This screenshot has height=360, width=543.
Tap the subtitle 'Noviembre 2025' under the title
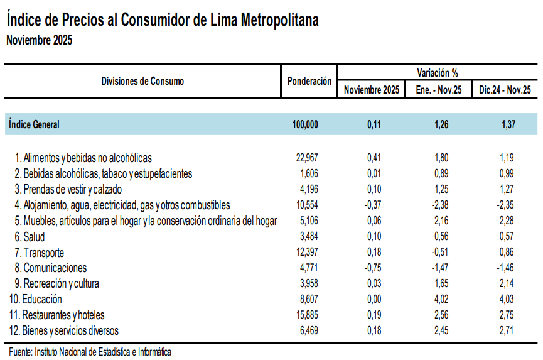(39, 41)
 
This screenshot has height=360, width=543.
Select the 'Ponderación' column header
(309, 81)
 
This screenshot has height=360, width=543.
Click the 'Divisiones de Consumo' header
(142, 81)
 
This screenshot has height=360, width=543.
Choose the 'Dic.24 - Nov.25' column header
(505, 90)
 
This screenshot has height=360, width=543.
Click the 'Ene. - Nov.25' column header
(438, 90)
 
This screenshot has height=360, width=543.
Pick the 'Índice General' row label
(35, 124)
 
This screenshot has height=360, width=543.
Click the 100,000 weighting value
(305, 124)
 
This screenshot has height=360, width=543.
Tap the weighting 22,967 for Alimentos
(308, 158)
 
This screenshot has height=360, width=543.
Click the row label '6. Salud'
(30, 237)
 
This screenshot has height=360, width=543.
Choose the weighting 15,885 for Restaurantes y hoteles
(308, 315)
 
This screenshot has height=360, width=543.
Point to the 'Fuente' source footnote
(90, 352)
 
